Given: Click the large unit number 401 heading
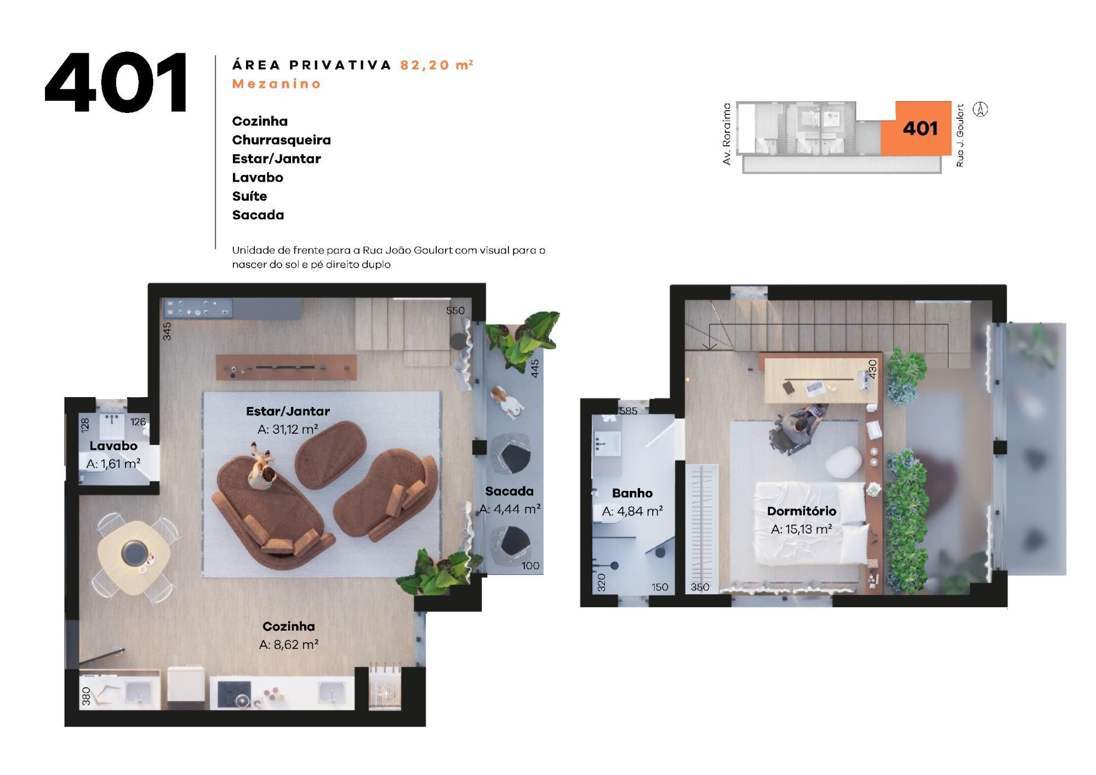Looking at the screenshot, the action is pyautogui.click(x=116, y=83).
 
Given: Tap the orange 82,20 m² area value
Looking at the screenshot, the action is pyautogui.click(x=437, y=65).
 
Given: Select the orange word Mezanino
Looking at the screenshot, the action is pyautogui.click(x=277, y=84).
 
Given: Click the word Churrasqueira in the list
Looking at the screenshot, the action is pyautogui.click(x=281, y=140).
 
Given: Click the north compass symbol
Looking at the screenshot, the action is pyautogui.click(x=980, y=110).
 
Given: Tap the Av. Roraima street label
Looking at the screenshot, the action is pyautogui.click(x=727, y=134).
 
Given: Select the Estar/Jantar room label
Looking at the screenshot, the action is pyautogui.click(x=288, y=411).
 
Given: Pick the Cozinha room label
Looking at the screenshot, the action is pyautogui.click(x=289, y=626).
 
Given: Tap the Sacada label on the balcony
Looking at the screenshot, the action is pyautogui.click(x=509, y=491).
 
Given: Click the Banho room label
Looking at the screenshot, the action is pyautogui.click(x=632, y=493).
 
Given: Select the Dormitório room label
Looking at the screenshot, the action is pyautogui.click(x=802, y=511).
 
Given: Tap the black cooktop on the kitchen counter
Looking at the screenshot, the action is pyautogui.click(x=234, y=694).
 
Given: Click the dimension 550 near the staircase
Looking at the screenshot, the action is pyautogui.click(x=455, y=310).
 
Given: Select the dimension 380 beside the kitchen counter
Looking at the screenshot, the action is pyautogui.click(x=86, y=696).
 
